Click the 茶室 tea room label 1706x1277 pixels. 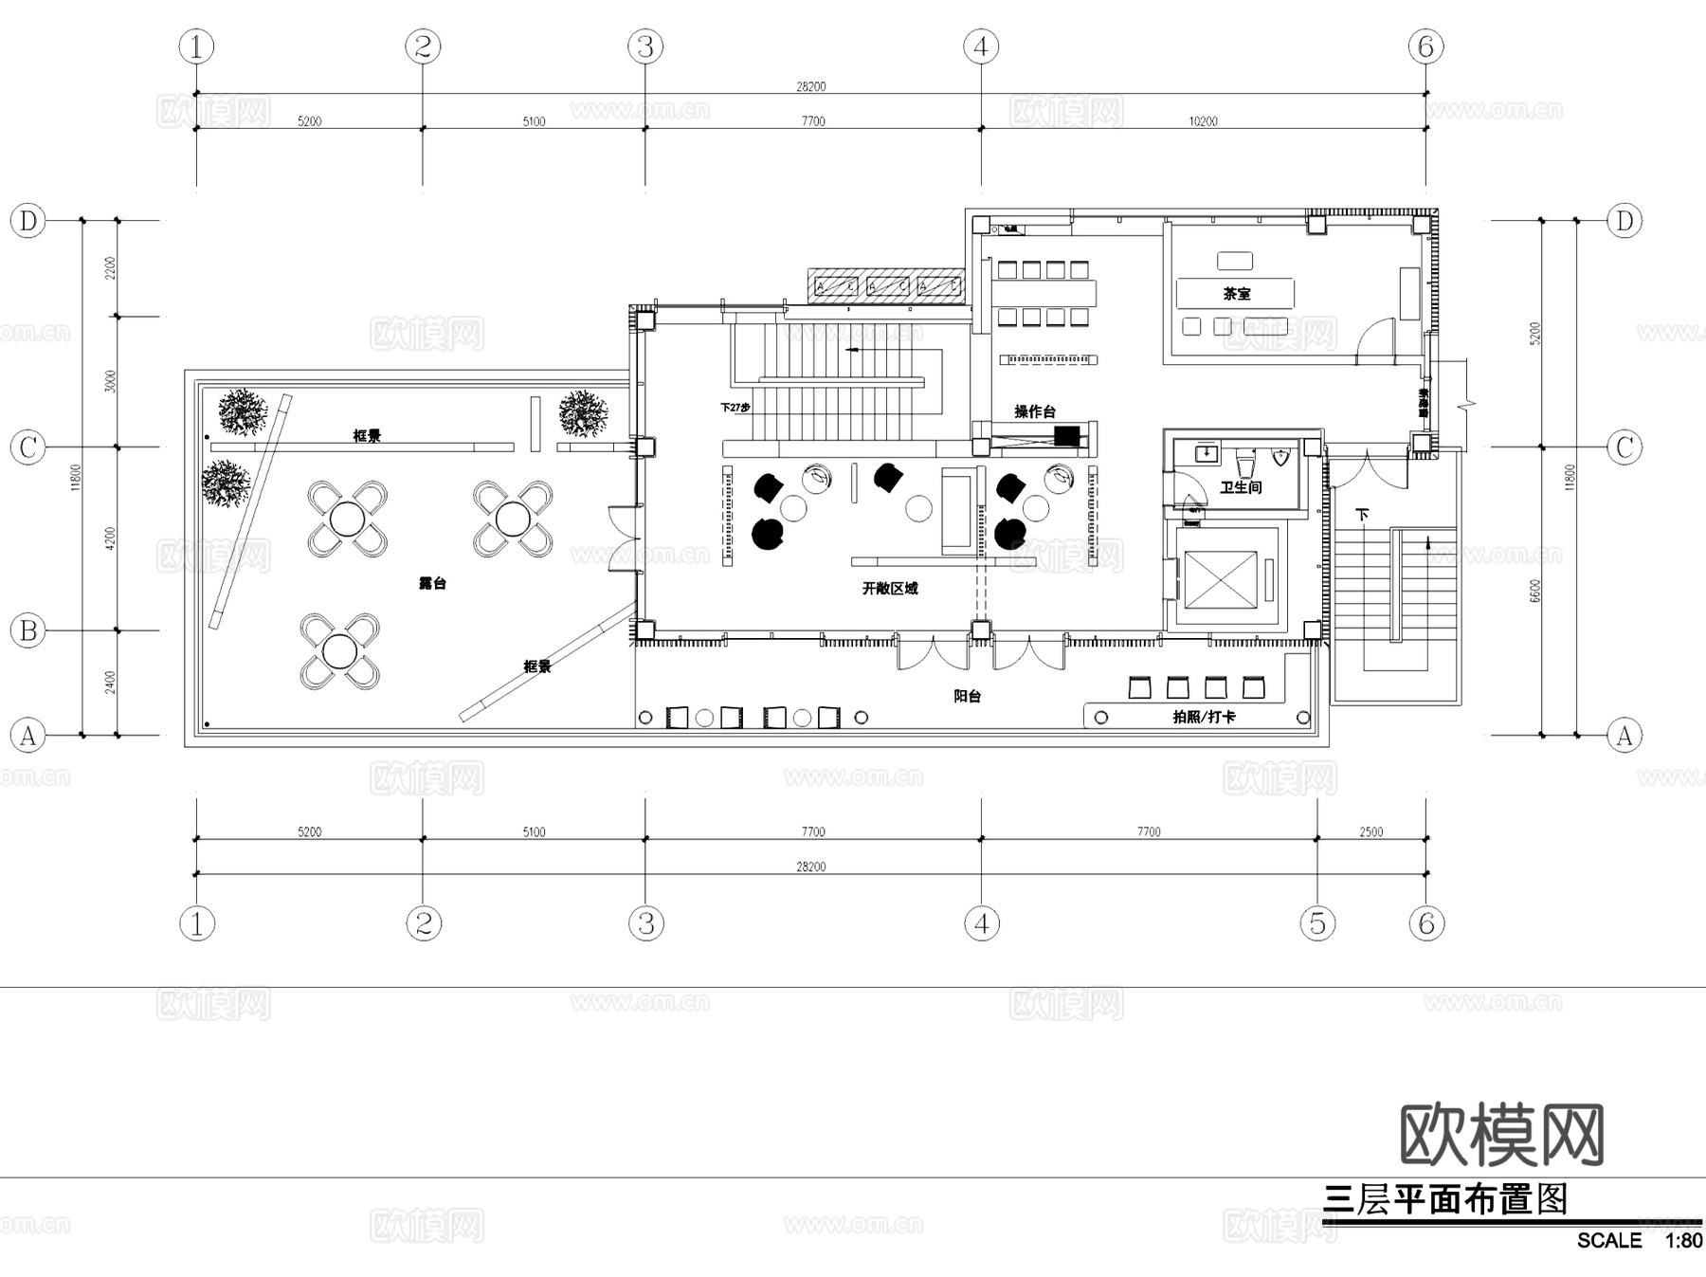click(1236, 294)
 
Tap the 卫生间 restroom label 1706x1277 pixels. click(1241, 487)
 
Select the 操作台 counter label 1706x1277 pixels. click(1034, 411)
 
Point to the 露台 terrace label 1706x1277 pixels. click(432, 583)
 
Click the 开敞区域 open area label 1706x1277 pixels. click(889, 589)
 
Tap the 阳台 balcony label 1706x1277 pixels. click(967, 696)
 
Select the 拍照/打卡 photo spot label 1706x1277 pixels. click(1204, 717)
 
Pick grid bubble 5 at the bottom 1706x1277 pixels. click(1317, 922)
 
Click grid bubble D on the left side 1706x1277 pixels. click(28, 221)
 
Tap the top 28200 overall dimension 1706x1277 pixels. click(810, 86)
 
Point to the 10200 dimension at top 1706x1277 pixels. click(1203, 121)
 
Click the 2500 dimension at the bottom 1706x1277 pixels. click(1370, 831)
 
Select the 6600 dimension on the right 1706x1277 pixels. click(1535, 590)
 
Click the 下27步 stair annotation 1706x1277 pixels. click(735, 408)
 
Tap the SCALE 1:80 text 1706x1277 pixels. click(1639, 1240)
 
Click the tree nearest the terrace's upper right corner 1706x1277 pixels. click(582, 414)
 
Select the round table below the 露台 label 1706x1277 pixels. click(339, 651)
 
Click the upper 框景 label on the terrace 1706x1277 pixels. click(367, 436)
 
